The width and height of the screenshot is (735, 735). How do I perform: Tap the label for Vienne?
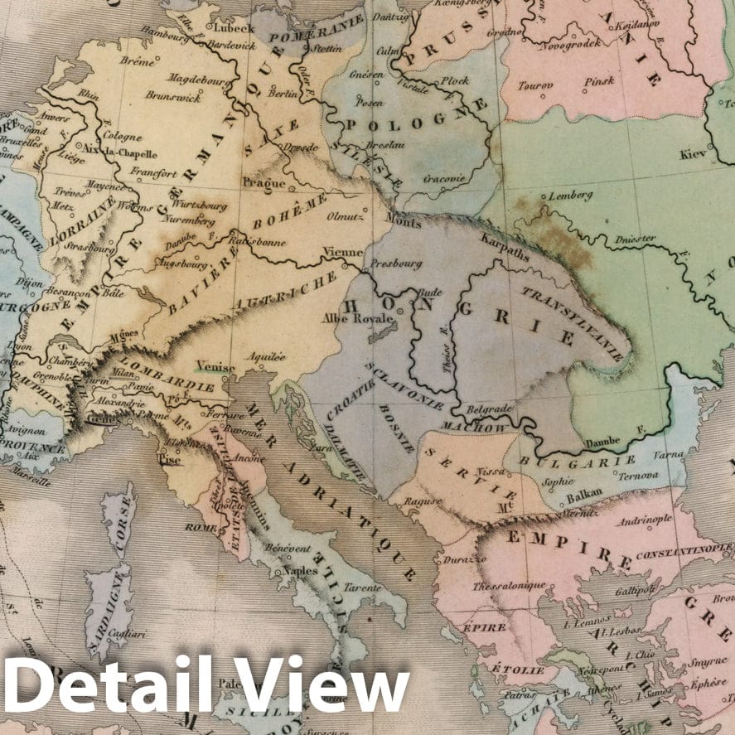tap(343, 252)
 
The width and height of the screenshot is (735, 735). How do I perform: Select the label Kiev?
tap(691, 154)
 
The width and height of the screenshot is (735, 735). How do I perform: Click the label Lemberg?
tap(572, 196)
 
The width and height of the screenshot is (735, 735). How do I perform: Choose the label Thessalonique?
tap(509, 586)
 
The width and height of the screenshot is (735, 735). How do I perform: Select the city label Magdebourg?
tap(199, 78)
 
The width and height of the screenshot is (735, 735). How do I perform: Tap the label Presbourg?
tap(395, 264)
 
